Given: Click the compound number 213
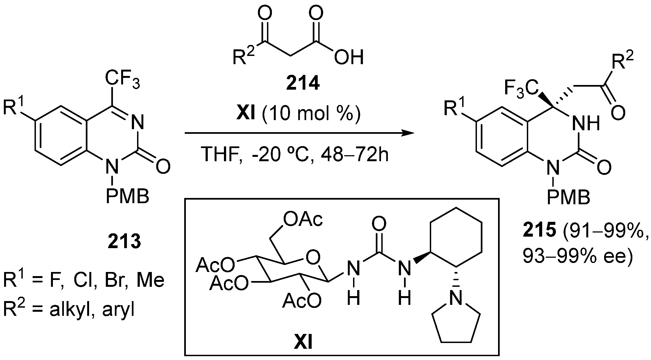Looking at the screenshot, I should (124, 242).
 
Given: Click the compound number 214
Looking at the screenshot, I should (303, 84).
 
